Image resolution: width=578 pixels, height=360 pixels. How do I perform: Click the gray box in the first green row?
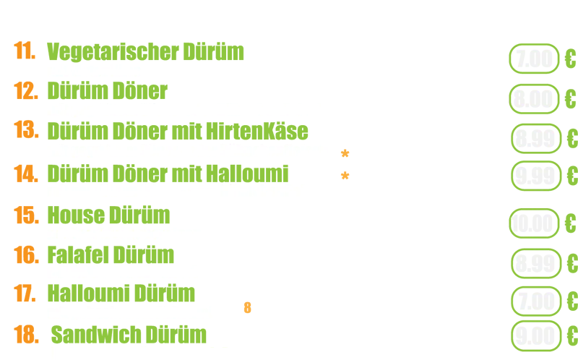point(534,59)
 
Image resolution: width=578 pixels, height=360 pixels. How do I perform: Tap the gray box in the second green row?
point(534,99)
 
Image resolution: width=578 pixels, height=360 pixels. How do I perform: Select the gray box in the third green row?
point(534,138)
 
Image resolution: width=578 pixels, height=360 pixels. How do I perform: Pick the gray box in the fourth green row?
point(534,176)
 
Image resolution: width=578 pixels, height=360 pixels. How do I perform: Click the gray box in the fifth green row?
point(534,223)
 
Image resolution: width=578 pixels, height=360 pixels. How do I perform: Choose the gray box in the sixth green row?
point(534,264)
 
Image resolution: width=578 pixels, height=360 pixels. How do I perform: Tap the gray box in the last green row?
point(534,335)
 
